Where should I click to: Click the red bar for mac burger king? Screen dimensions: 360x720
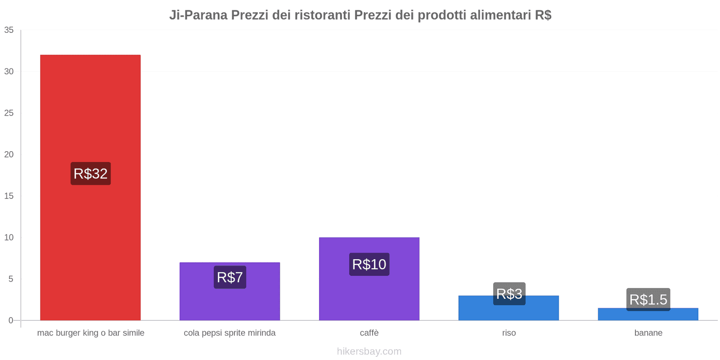click(90, 112)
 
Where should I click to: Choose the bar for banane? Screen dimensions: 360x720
click(648, 315)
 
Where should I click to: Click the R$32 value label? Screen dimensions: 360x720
click(90, 174)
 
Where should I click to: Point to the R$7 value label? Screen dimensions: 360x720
click(230, 277)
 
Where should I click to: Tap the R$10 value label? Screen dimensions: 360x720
click(369, 264)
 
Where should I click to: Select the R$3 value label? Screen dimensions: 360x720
click(509, 293)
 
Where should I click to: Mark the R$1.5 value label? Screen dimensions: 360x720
click(648, 299)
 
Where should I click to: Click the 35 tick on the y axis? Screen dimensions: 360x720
click(9, 30)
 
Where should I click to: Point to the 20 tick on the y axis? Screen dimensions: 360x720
click(9, 154)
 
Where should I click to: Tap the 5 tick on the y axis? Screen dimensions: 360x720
click(11, 279)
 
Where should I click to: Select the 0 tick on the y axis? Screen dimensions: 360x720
click(11, 320)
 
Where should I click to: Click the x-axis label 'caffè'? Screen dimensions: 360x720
click(369, 333)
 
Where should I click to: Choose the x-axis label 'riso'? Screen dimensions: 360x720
click(509, 333)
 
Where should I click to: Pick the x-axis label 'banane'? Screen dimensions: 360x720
click(648, 333)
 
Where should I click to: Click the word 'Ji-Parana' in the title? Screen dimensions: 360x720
click(198, 15)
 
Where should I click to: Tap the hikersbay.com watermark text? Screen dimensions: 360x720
click(369, 351)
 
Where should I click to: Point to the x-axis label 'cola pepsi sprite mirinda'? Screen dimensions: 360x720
click(229, 333)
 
